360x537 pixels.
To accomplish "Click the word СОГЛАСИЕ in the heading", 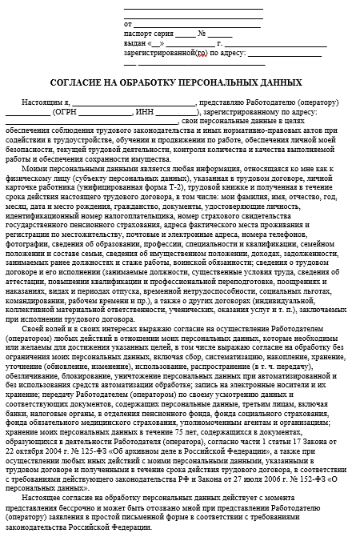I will [x=81, y=83].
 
